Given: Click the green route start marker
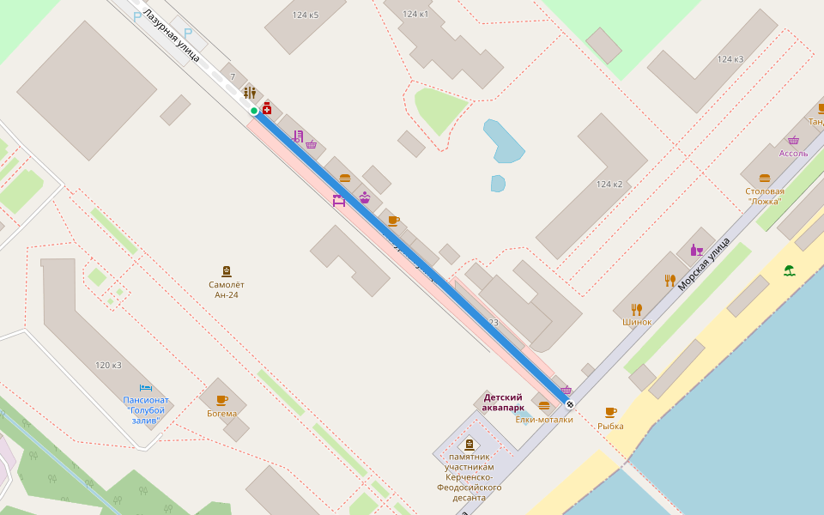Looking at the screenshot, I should (x=254, y=111).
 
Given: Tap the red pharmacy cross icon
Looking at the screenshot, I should (x=267, y=108).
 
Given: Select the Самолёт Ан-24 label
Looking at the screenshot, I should (x=227, y=289).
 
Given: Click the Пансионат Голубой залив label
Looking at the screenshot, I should (x=146, y=409).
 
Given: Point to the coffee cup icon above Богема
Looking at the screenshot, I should (x=222, y=399).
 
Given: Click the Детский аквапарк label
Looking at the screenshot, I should (x=503, y=402).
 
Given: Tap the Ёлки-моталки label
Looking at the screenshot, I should (x=544, y=420).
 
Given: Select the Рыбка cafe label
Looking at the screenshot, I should (x=611, y=426).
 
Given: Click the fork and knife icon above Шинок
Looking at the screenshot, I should (x=636, y=308).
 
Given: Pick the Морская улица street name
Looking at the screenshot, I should (x=704, y=264).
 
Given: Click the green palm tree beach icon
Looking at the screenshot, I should (x=789, y=270).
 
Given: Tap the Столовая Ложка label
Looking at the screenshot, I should (x=765, y=196).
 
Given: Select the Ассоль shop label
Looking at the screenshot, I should (x=793, y=153).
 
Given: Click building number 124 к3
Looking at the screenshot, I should (x=730, y=59).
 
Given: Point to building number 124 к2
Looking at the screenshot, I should (x=609, y=185).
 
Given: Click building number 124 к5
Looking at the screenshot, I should (x=306, y=15).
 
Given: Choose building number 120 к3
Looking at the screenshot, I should (x=108, y=365).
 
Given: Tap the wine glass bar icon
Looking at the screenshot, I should (x=696, y=251).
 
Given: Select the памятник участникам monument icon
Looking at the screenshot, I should (x=469, y=445).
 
